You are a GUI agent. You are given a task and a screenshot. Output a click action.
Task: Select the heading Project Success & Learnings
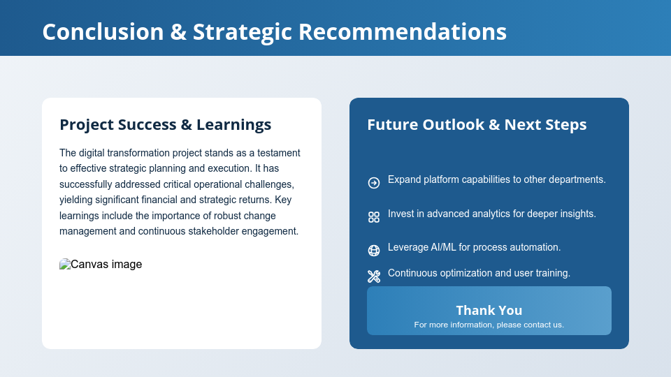(165, 125)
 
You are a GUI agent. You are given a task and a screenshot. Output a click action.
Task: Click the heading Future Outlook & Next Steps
(477, 125)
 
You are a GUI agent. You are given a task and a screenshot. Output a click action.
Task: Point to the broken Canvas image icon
(65, 265)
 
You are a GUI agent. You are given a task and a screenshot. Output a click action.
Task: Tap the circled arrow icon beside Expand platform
(374, 183)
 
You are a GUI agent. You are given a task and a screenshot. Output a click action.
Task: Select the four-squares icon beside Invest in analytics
(374, 217)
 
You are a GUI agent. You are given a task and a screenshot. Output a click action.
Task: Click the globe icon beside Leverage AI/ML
(374, 251)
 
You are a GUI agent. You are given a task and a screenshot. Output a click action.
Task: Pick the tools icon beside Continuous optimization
(374, 276)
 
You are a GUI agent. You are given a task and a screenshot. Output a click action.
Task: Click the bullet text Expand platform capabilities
(496, 179)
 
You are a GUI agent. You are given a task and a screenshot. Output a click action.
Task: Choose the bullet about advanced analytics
(491, 214)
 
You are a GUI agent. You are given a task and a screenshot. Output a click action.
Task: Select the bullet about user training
(479, 273)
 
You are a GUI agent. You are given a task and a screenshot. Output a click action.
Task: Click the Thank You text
(489, 310)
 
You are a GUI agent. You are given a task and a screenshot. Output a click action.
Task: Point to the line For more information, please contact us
(489, 325)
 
